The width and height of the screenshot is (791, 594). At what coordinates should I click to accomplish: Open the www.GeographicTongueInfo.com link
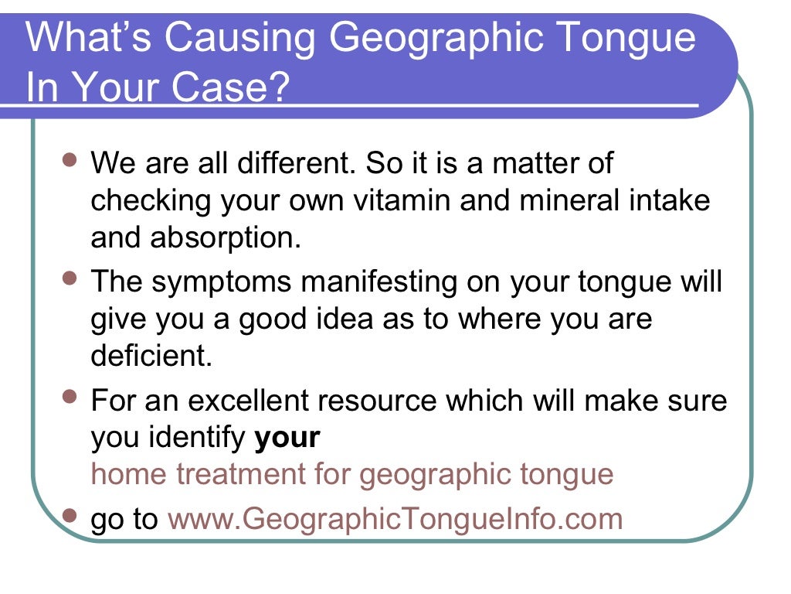pyautogui.click(x=395, y=519)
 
